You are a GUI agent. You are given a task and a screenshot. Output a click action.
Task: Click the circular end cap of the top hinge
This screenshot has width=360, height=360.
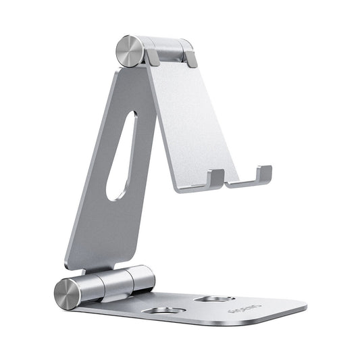pos(128,51)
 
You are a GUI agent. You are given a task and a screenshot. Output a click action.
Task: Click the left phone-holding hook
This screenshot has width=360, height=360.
pos(215,178)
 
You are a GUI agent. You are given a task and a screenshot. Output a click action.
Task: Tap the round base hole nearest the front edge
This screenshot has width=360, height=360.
pos(161,311)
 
